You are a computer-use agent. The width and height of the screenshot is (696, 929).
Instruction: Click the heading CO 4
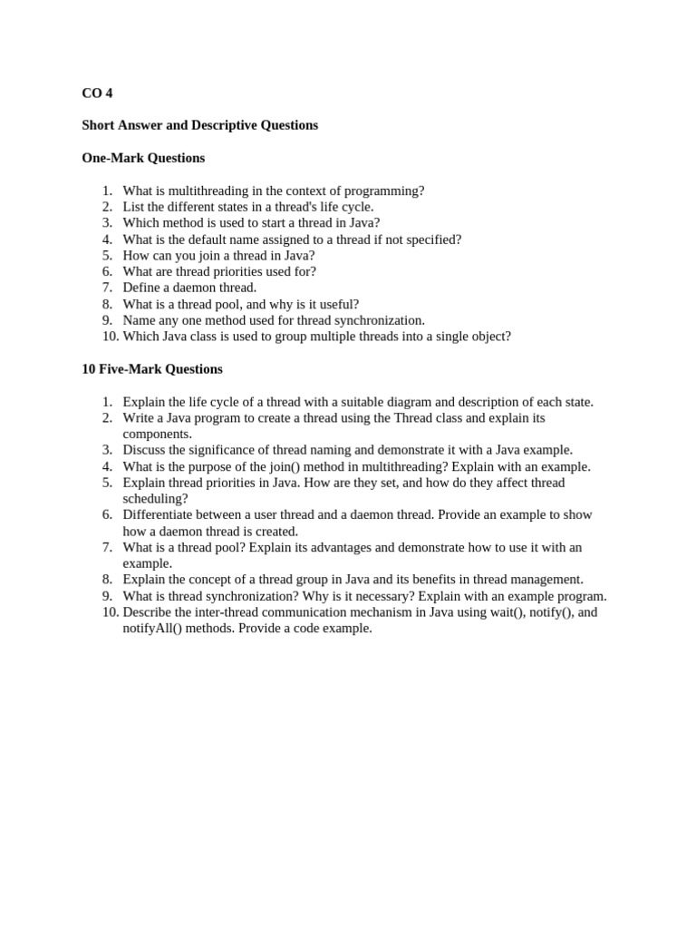(x=97, y=93)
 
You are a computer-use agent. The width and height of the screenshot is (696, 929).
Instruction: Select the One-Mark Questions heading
(x=143, y=158)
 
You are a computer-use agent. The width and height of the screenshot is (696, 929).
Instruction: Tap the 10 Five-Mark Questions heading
(x=152, y=369)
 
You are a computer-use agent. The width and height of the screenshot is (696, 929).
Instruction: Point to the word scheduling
(x=155, y=499)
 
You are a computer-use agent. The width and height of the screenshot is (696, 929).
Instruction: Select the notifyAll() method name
(x=152, y=629)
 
